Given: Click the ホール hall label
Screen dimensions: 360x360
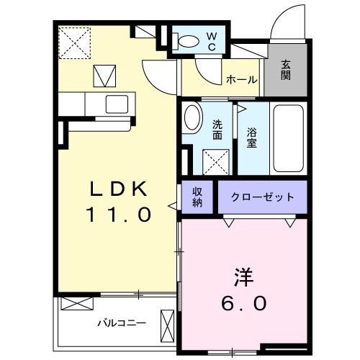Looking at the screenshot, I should click(x=241, y=79).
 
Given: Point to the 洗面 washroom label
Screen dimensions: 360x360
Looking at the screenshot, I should click(x=217, y=130).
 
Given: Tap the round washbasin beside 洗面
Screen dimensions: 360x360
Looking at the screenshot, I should click(x=192, y=118).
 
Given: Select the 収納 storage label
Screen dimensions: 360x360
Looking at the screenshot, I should click(x=196, y=197).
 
